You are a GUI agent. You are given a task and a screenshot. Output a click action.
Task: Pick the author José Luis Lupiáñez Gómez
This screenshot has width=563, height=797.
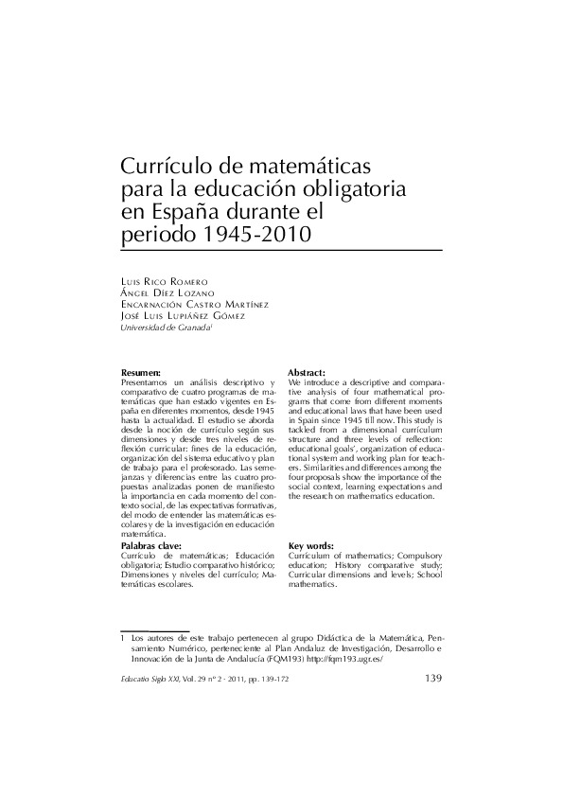pos(184,316)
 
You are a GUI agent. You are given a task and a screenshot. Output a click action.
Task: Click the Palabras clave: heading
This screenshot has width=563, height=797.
pos(152,547)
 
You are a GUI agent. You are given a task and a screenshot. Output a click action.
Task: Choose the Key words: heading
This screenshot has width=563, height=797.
pos(309,547)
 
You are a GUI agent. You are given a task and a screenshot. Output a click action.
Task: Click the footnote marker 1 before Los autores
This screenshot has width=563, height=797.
pos(124,639)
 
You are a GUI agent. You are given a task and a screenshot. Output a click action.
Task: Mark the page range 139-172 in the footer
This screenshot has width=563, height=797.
pos(309,680)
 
